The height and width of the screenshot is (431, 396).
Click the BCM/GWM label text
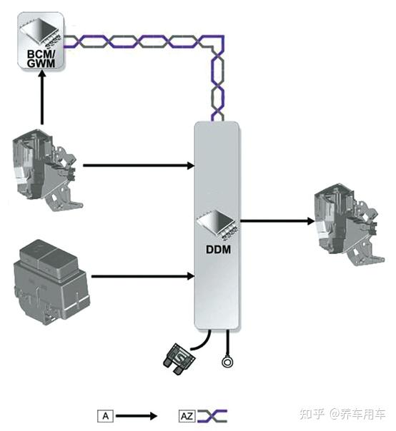[x=41, y=59]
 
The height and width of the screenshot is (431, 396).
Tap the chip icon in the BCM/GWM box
[x=41, y=32]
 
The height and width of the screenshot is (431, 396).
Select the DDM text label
[x=218, y=249]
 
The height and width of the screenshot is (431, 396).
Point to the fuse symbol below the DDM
[x=179, y=359]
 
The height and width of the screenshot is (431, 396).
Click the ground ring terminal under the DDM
[x=227, y=362]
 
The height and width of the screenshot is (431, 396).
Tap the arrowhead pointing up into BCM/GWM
[x=42, y=74]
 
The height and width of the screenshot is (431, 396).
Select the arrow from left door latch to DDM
[x=139, y=166]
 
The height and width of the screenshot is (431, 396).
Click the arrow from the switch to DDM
[x=143, y=276]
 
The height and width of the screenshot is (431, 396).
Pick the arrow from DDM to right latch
[x=277, y=220]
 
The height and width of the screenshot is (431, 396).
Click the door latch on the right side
[x=349, y=225]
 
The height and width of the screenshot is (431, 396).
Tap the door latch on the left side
[x=47, y=170]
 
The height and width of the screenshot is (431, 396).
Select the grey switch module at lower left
[x=51, y=282]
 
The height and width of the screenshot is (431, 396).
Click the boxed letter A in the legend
[x=106, y=416]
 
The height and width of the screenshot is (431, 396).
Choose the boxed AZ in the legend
[x=187, y=416]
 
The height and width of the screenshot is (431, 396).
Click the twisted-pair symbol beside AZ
[x=212, y=416]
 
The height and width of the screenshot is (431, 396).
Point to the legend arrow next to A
[x=137, y=416]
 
